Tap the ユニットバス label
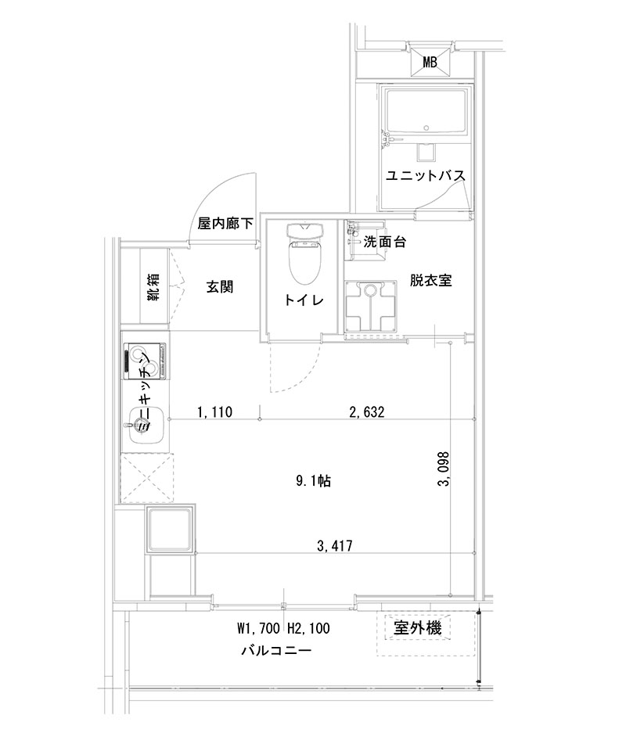(425, 176)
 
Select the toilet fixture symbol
(304, 254)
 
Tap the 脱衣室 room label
(429, 280)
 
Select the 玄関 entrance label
(220, 286)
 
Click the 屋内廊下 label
(225, 224)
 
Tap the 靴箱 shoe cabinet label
(153, 287)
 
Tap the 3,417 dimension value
(333, 545)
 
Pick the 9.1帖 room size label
(314, 482)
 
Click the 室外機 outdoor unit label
(417, 627)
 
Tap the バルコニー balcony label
(276, 650)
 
